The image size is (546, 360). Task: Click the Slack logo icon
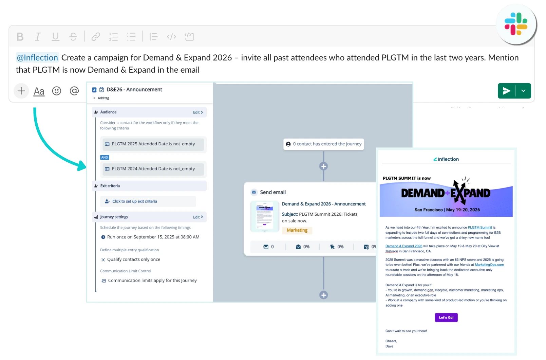tap(516, 24)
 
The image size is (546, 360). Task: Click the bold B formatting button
tap(20, 37)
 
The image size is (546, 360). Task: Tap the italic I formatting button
tap(38, 37)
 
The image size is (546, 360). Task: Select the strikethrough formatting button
tap(73, 37)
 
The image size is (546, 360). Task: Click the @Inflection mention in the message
tap(37, 58)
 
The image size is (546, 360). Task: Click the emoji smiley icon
tap(57, 91)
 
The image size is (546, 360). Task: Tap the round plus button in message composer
tap(21, 91)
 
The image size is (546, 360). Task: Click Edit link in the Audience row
tap(197, 112)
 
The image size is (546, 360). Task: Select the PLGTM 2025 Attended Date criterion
tap(153, 144)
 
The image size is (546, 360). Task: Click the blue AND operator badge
tap(105, 158)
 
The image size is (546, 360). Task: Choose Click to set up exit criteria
tap(135, 201)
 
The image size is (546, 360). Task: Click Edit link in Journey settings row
tap(197, 217)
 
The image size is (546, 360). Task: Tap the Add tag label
tap(103, 98)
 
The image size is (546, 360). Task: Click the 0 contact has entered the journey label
tap(324, 144)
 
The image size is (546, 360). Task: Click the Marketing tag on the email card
tap(297, 230)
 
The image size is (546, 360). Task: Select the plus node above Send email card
tap(323, 166)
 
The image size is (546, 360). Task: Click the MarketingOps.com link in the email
tap(489, 265)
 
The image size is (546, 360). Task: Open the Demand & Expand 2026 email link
tap(403, 246)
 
